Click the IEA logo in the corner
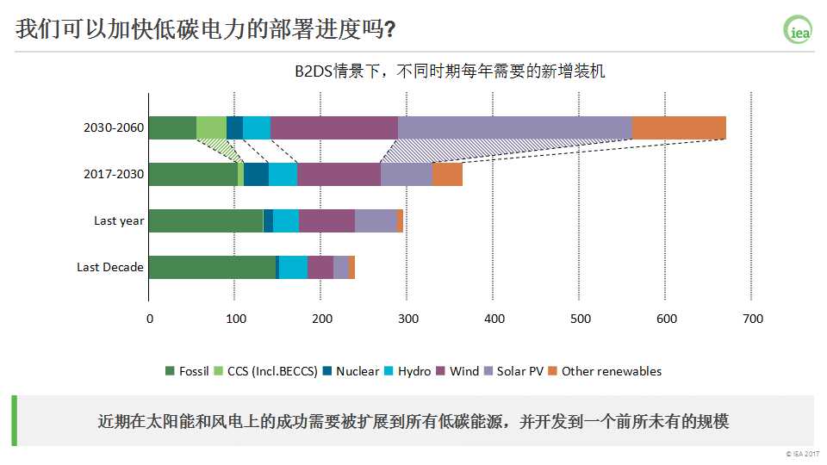click(x=798, y=30)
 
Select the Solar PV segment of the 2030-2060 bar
click(x=514, y=127)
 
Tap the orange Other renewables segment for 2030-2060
click(x=679, y=127)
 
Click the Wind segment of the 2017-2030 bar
click(x=339, y=174)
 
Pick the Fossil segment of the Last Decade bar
click(x=212, y=267)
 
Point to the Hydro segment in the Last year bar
click(x=285, y=220)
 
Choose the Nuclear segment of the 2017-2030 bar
click(x=256, y=174)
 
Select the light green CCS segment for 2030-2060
click(x=211, y=127)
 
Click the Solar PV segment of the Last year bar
click(x=376, y=220)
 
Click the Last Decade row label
click(x=110, y=267)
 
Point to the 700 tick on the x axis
click(x=752, y=319)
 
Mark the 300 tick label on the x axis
click(x=407, y=319)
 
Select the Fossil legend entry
click(x=187, y=371)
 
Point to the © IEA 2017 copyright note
click(x=802, y=454)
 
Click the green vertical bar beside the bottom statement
click(x=14, y=421)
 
